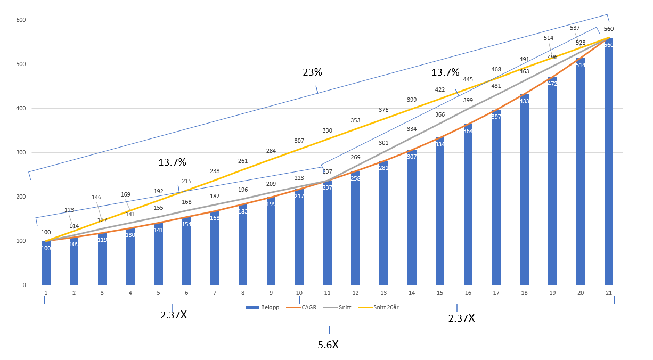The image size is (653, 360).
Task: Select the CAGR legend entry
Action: pos(304,307)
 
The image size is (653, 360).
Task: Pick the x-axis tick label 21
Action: pos(609,293)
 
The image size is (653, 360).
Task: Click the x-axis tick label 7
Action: pos(215,293)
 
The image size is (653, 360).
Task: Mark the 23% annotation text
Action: pos(313,72)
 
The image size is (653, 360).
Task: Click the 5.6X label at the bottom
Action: pos(328,345)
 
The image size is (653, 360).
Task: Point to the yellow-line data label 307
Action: pos(299,141)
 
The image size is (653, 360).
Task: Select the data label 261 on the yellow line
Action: pos(243,161)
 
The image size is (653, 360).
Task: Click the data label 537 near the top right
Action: pos(575,28)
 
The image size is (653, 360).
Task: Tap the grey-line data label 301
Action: pos(383,143)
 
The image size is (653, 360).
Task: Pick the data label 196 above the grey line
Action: pos(243,190)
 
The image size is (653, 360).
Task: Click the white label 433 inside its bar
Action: pos(524,101)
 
